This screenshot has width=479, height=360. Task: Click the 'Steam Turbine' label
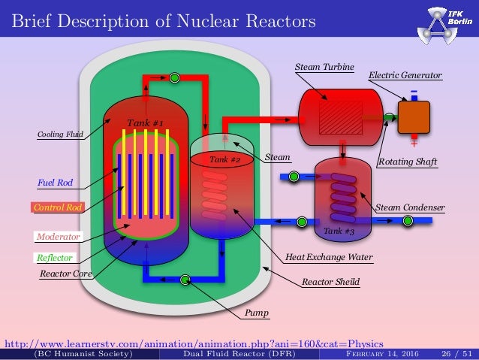[x=324, y=67]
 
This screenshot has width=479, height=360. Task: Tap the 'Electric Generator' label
[x=405, y=75]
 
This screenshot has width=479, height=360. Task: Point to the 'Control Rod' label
[x=57, y=207]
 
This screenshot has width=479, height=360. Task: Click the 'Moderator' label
[x=58, y=237]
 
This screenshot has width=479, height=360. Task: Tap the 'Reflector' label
[x=55, y=258]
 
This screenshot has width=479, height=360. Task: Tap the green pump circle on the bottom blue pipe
[x=185, y=280]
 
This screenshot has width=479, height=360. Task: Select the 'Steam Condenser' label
[x=410, y=207]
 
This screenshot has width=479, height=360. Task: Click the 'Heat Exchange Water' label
[x=329, y=257]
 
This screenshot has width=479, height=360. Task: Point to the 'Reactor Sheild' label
[x=330, y=283]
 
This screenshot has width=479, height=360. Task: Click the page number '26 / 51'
[x=454, y=354]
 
